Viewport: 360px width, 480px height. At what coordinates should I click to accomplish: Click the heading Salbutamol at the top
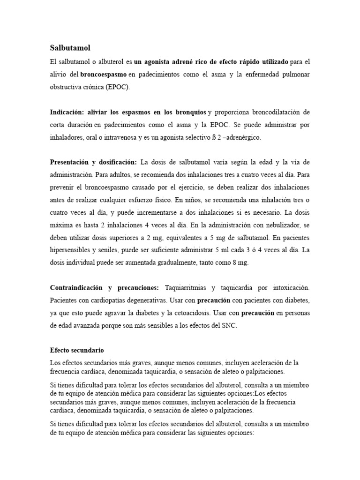click(70, 48)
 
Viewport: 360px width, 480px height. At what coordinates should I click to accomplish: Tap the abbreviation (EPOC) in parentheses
click(119, 87)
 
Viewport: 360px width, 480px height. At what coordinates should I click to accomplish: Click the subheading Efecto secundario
click(77, 350)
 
